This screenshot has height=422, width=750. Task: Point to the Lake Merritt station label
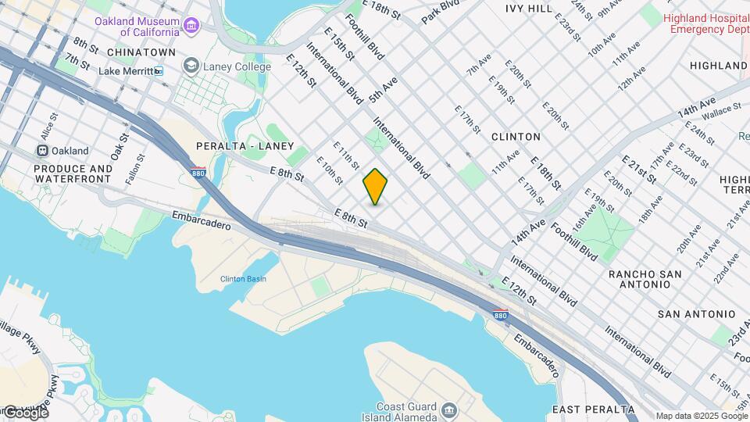pyautogui.click(x=125, y=71)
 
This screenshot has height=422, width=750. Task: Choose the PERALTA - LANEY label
pyautogui.click(x=245, y=146)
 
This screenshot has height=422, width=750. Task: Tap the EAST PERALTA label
pyautogui.click(x=593, y=409)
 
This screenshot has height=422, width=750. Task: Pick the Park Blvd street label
pyautogui.click(x=441, y=12)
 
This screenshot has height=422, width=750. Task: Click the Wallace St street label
pyautogui.click(x=720, y=115)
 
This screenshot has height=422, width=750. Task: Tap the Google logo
pyautogui.click(x=25, y=412)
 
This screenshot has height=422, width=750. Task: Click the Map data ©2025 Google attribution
pyautogui.click(x=701, y=416)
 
